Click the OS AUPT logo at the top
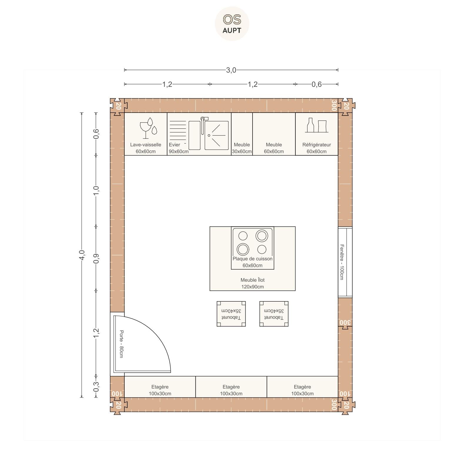232,24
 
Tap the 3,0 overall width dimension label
231,70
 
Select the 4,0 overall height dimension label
82,255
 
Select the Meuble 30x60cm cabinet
242,134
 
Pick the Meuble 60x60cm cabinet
274,134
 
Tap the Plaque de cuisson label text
253,259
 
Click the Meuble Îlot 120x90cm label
253,283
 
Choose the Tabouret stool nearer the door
231,314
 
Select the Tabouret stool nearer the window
274,314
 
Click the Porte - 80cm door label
121,344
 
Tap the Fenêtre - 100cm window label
342,262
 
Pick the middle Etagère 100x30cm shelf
231,387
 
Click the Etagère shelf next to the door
160,387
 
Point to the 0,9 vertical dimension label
96,258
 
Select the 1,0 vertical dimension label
96,190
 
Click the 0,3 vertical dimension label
96,387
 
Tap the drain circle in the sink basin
209,135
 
